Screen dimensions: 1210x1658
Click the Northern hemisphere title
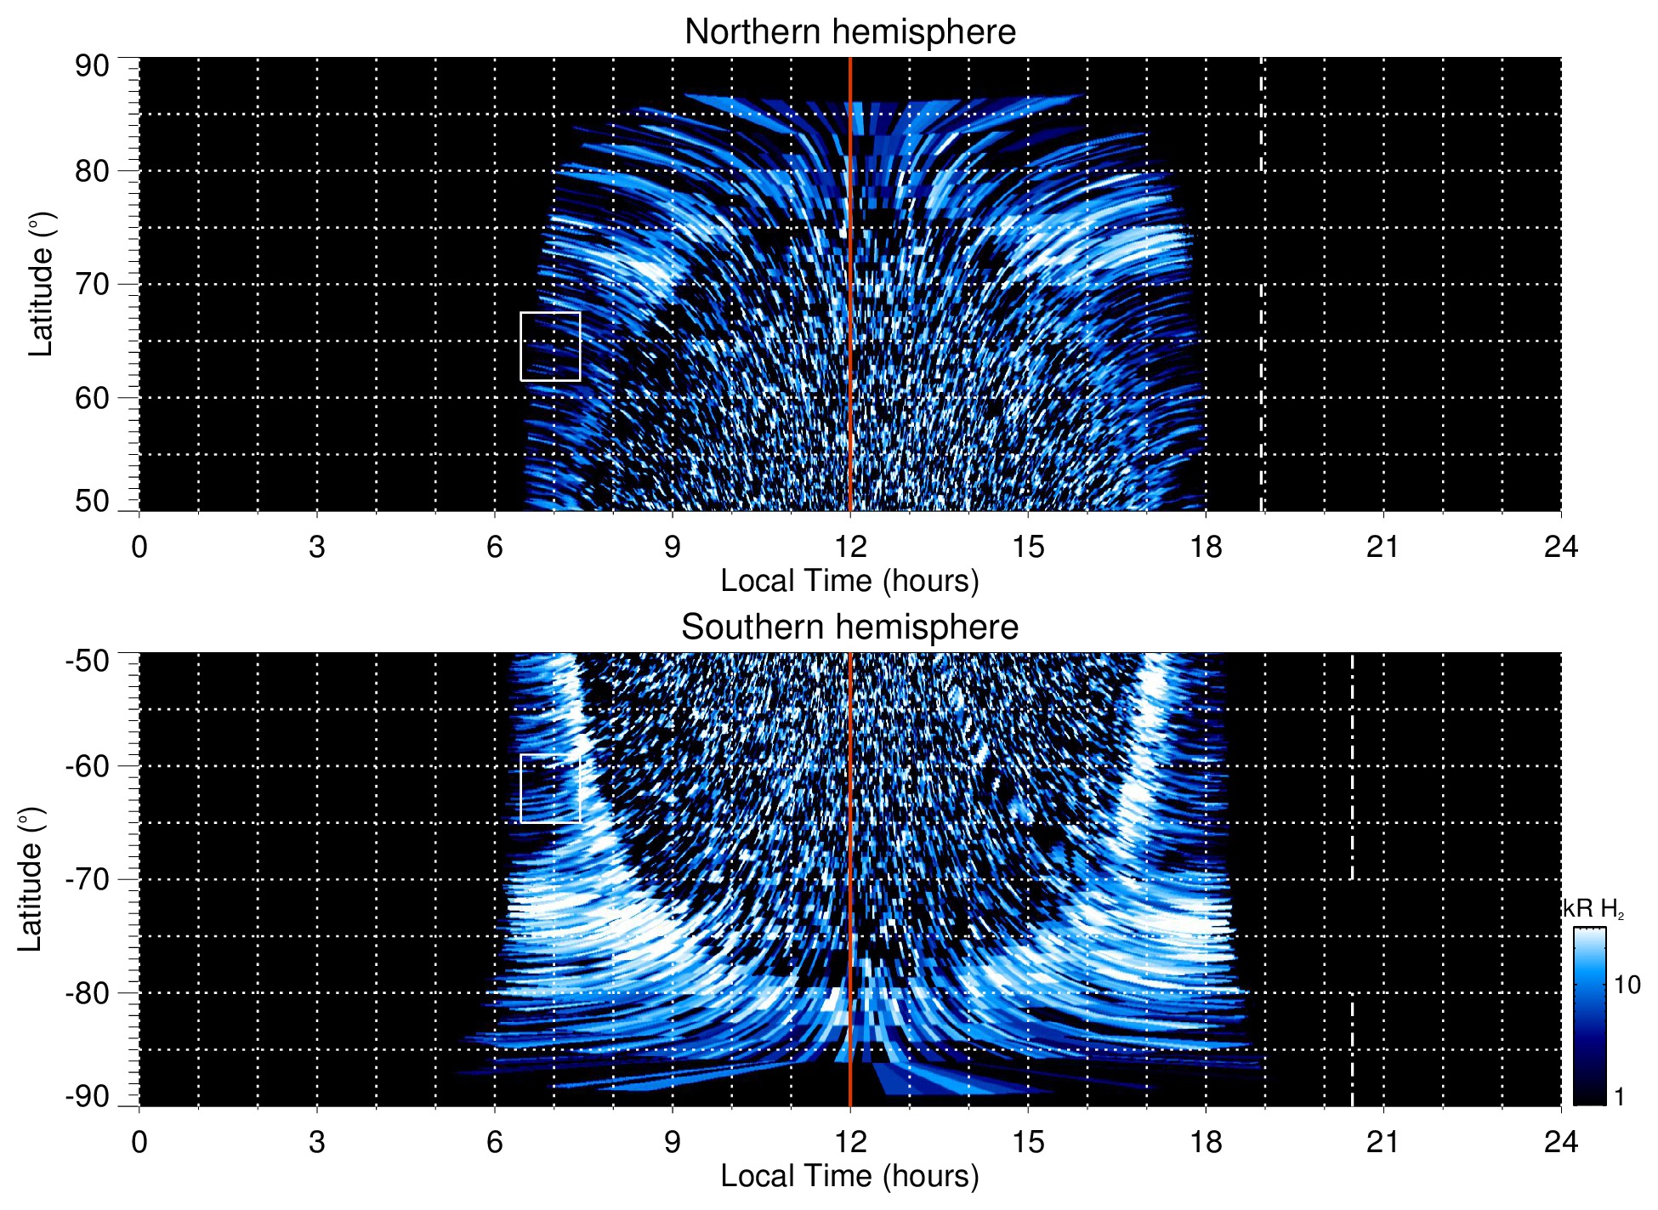849,32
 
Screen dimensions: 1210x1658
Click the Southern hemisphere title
849,628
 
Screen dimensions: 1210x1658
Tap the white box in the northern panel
550,346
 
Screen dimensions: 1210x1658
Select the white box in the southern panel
550,788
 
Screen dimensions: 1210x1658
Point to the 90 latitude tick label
92,66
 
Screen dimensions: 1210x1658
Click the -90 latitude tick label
88,1096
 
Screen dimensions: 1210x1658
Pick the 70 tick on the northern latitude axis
92,284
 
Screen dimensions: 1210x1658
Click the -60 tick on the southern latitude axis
88,765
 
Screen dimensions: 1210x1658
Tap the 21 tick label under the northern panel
1383,547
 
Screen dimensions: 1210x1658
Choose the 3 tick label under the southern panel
316,1142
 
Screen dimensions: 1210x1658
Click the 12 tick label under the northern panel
849,547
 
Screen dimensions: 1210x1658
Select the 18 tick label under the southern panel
1205,1142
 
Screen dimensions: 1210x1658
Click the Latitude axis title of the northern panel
41,284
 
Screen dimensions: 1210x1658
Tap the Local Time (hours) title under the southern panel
849,1176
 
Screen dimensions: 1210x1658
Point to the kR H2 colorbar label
1593,909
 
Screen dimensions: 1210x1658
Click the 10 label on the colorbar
1627,985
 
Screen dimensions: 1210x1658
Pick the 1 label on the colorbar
1619,1097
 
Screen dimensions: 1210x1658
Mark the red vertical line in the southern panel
850,850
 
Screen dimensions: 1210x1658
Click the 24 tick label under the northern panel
1560,547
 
